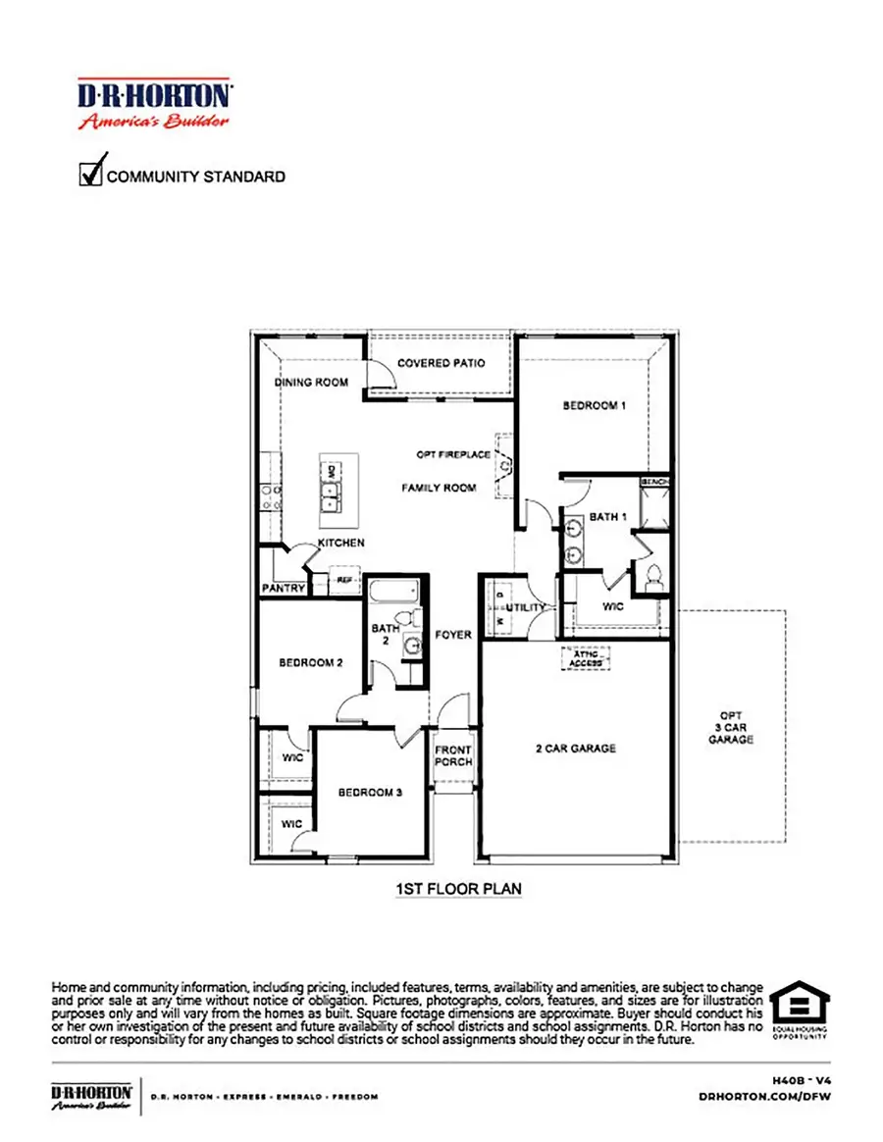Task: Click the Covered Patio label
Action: [x=441, y=363]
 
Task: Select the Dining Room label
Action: [x=311, y=383]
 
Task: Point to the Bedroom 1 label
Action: [x=594, y=405]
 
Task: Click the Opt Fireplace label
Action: [x=452, y=455]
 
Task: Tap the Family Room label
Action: [x=439, y=488]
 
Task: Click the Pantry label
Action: [x=284, y=589]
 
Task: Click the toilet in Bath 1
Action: [x=653, y=575]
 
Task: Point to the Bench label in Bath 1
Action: [x=654, y=483]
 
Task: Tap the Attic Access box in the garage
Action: [x=586, y=658]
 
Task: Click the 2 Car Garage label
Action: [x=575, y=749]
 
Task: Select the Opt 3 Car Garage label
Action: [x=731, y=726]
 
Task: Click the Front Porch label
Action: [x=453, y=756]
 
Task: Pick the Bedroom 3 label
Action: [x=371, y=792]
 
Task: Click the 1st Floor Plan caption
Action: [x=458, y=889]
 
